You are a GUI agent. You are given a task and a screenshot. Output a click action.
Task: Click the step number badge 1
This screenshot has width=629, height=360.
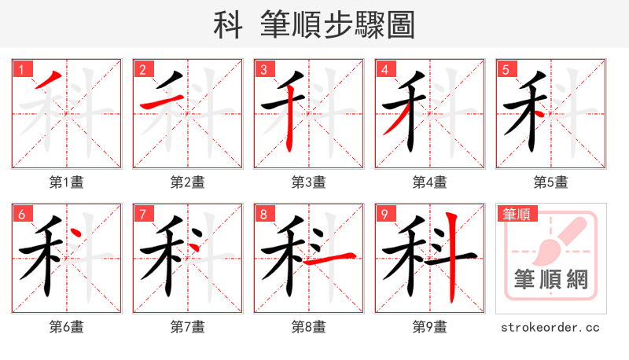(x=21, y=68)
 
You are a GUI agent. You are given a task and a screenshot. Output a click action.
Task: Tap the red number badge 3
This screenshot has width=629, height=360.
(x=263, y=68)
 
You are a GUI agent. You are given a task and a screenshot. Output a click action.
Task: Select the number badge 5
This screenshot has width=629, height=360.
(x=506, y=68)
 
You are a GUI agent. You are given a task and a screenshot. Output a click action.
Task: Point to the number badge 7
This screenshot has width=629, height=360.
(x=142, y=213)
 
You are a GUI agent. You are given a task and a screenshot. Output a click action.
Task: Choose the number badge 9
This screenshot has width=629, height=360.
(x=384, y=213)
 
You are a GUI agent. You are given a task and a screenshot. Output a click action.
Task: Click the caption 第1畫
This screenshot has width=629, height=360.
(x=67, y=182)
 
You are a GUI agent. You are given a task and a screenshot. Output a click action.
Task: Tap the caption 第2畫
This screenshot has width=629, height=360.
(x=188, y=182)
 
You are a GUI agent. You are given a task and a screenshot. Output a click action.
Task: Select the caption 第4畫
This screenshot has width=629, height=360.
(x=430, y=182)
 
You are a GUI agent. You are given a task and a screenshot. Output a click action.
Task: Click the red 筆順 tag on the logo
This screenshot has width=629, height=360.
(x=515, y=213)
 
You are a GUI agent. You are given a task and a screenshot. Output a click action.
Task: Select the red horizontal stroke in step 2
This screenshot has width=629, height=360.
(x=156, y=105)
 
